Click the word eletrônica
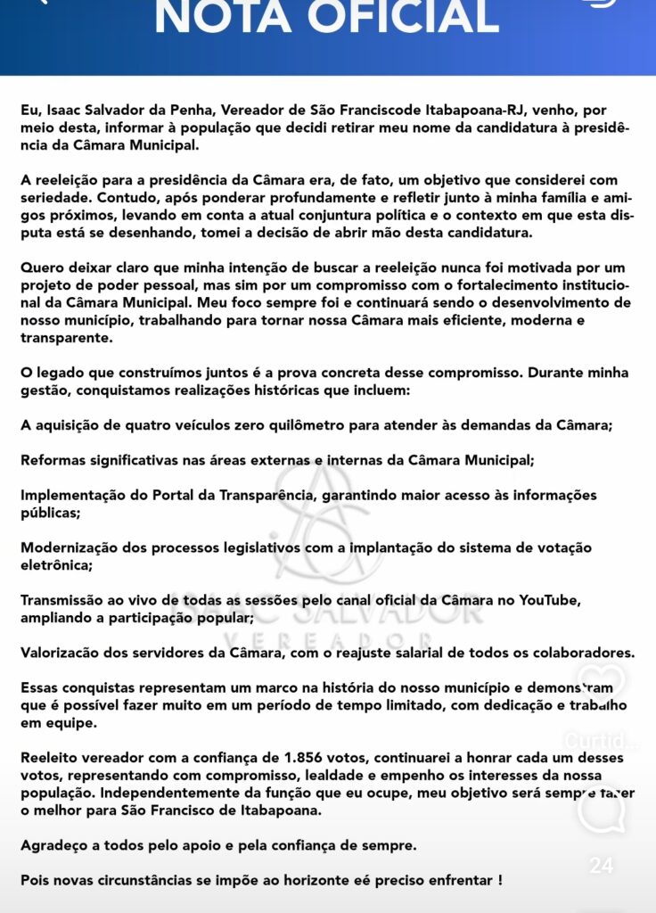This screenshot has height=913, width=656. [x=56, y=564]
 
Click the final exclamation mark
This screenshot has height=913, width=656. [x=499, y=880]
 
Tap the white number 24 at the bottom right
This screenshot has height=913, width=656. [x=601, y=866]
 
